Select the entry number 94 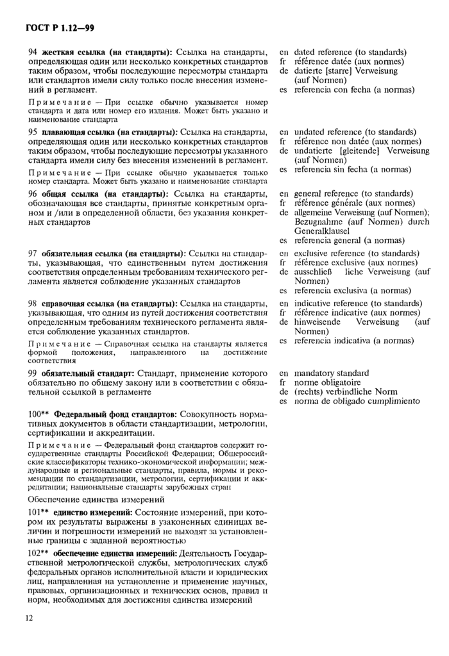click(x=32, y=52)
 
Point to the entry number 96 click(x=32, y=193)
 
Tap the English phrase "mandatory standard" click(x=331, y=373)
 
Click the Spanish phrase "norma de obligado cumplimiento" click(x=357, y=401)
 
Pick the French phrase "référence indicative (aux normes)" click(x=357, y=313)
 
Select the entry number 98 click(x=32, y=303)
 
